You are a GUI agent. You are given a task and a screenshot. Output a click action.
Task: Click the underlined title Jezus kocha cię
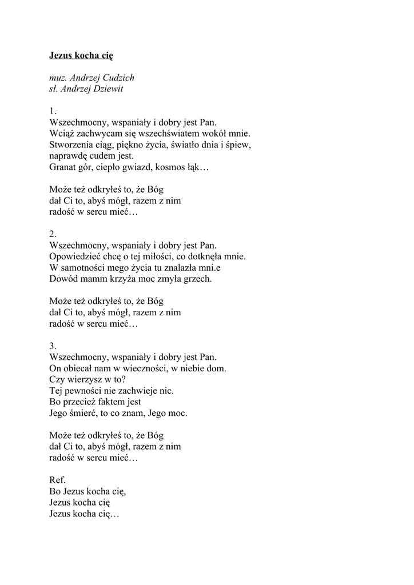81,55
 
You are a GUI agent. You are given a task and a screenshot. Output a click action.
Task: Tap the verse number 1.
53,111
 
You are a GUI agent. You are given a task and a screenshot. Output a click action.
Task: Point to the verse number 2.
53,234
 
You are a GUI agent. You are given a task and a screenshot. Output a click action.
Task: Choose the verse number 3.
53,346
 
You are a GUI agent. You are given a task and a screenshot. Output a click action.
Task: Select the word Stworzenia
70,145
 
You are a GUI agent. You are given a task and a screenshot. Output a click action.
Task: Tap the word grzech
198,279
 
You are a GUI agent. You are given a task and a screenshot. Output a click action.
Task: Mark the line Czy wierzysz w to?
87,379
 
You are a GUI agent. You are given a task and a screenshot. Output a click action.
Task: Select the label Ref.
58,480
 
